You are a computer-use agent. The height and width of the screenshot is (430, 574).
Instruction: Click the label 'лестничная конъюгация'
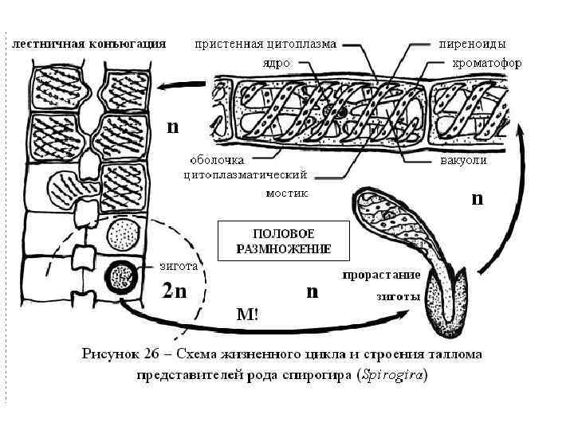pos(88,44)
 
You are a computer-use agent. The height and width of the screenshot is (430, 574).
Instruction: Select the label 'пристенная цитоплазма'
pos(266,43)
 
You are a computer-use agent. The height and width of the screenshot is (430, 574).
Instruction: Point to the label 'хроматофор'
pos(489,63)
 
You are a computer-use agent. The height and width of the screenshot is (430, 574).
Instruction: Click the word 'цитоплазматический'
pos(246,174)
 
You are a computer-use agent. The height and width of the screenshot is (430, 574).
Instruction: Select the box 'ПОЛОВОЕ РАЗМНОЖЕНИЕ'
pos(283,241)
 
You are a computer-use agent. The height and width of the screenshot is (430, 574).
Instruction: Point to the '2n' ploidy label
pos(175,291)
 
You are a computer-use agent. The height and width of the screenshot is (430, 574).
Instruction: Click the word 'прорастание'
pos(381,276)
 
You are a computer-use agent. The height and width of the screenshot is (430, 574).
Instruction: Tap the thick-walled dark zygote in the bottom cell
pos(124,276)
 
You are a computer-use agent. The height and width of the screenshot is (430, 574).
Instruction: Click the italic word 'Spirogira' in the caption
pos(389,377)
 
